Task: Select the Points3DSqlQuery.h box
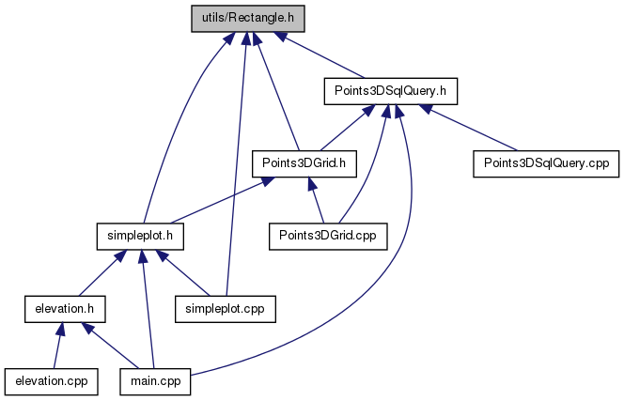(389, 90)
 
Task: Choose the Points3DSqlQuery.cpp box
(546, 162)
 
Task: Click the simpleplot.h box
(139, 235)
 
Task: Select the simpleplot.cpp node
(225, 307)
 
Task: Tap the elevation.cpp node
(52, 380)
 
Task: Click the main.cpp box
(156, 380)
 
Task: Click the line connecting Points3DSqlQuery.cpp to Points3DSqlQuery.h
(470, 127)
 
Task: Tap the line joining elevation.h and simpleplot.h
(103, 271)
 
